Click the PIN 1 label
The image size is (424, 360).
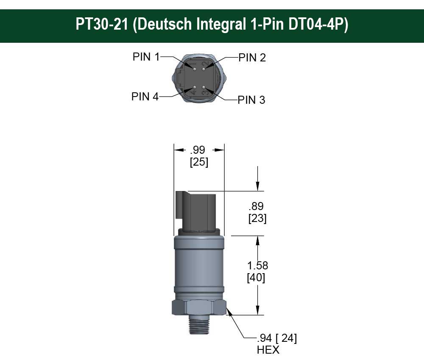point(146,57)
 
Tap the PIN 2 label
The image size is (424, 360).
point(252,58)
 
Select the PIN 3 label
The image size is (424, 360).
point(251,100)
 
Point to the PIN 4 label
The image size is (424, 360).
point(145,97)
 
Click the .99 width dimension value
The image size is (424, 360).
point(198,150)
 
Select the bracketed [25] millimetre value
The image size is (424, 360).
point(199,162)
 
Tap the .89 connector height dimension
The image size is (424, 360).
point(256,206)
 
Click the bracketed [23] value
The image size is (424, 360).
point(257,219)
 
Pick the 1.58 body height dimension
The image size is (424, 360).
point(258,266)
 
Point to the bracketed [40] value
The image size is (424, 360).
point(256,278)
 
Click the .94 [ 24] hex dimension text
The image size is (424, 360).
point(276,338)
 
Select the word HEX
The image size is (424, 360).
point(268,350)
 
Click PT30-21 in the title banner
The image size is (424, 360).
point(101,24)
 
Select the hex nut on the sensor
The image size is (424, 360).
point(198,307)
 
